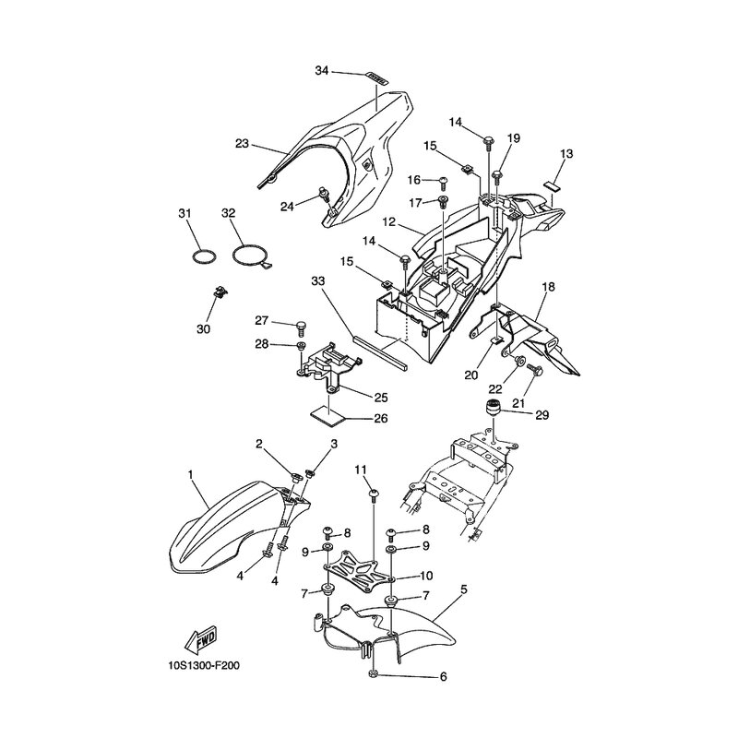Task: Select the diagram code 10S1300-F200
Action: [204, 666]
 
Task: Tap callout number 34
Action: [321, 71]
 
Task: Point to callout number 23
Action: [242, 143]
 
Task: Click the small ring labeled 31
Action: [205, 257]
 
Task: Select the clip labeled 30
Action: [220, 292]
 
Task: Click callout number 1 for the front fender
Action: [191, 475]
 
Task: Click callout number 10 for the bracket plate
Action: [426, 576]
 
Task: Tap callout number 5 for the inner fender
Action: [464, 589]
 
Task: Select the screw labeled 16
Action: [443, 181]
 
